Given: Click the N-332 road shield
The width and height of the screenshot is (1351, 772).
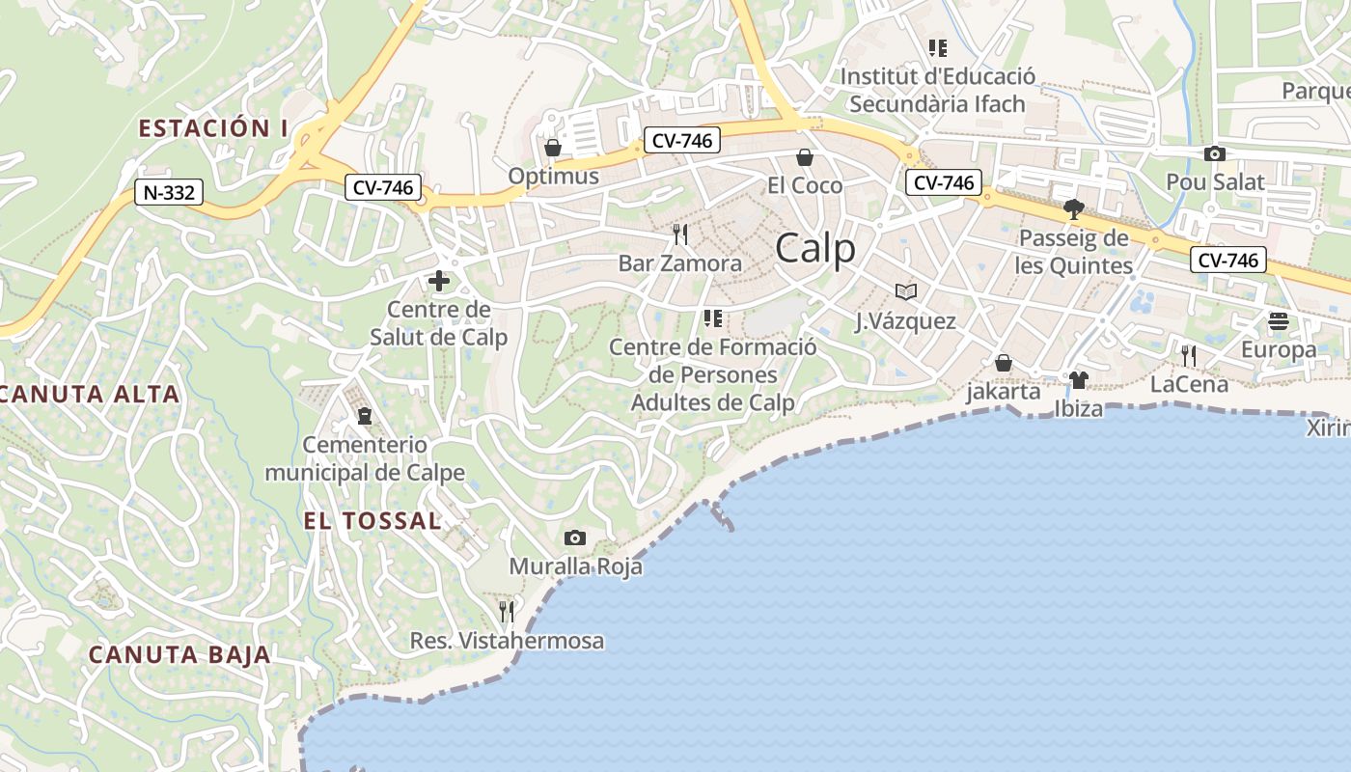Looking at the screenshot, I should [169, 192].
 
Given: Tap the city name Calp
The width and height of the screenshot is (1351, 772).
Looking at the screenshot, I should [815, 248].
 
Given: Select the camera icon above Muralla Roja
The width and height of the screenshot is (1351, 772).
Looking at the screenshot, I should [574, 538].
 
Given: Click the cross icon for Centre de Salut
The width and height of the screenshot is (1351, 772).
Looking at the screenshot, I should [438, 281].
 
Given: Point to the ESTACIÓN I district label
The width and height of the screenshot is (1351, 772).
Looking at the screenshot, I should [213, 128].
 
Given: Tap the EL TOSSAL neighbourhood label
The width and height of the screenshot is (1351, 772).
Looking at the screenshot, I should [372, 521].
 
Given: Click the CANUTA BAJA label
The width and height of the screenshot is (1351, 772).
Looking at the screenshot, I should [179, 654].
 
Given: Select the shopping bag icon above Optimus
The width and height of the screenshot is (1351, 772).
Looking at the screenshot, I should [553, 148].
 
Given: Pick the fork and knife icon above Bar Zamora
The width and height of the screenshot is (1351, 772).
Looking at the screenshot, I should [680, 234].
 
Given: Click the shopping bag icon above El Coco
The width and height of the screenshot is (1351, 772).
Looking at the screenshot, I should [805, 156].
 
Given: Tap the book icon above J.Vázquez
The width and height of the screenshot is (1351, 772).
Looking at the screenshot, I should [905, 291].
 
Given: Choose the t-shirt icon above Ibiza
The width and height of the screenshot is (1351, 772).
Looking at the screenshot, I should [1078, 379].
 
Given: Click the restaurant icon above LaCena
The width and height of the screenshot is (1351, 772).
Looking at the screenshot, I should [1189, 355].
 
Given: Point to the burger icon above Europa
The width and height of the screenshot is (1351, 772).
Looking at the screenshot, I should [1279, 320].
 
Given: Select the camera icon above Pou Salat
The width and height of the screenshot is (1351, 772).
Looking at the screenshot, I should [1215, 153].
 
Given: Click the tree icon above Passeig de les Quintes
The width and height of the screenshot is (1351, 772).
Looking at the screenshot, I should [1073, 208].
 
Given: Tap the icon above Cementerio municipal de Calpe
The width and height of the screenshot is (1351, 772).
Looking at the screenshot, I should [365, 416].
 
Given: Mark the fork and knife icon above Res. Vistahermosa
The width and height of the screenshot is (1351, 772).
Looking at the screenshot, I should [507, 611].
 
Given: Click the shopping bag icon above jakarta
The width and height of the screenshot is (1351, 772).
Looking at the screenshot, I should [1004, 363].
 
